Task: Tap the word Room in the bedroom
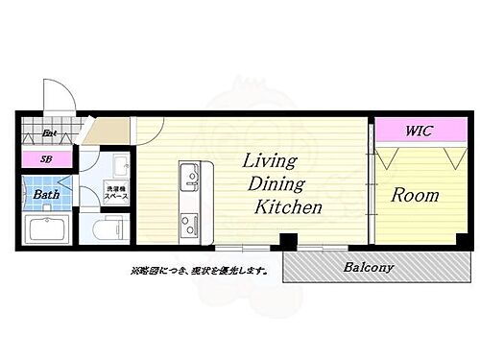click(x=415, y=195)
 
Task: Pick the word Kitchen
click(x=287, y=206)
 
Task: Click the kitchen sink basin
click(x=188, y=175)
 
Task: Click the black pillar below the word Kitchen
click(x=286, y=241)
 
